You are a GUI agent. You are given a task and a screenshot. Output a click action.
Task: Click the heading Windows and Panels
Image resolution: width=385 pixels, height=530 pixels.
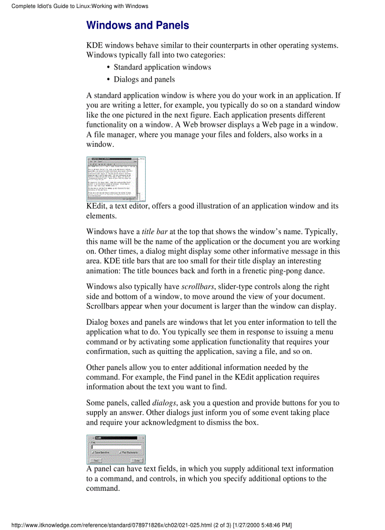(138, 25)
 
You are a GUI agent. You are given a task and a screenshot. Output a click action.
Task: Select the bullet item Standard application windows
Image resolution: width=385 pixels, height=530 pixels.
(162, 67)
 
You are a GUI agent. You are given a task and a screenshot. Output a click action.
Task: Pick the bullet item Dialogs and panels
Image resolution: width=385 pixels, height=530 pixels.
(144, 79)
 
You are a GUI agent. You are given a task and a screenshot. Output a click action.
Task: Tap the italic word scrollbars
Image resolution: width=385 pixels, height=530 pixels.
(198, 286)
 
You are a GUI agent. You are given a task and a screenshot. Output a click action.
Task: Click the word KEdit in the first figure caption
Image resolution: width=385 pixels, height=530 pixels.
(96, 206)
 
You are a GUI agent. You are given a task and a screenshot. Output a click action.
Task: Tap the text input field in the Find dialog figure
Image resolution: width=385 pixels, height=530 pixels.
(116, 446)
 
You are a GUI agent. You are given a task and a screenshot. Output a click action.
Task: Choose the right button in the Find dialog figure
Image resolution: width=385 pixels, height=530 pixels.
(137, 460)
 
